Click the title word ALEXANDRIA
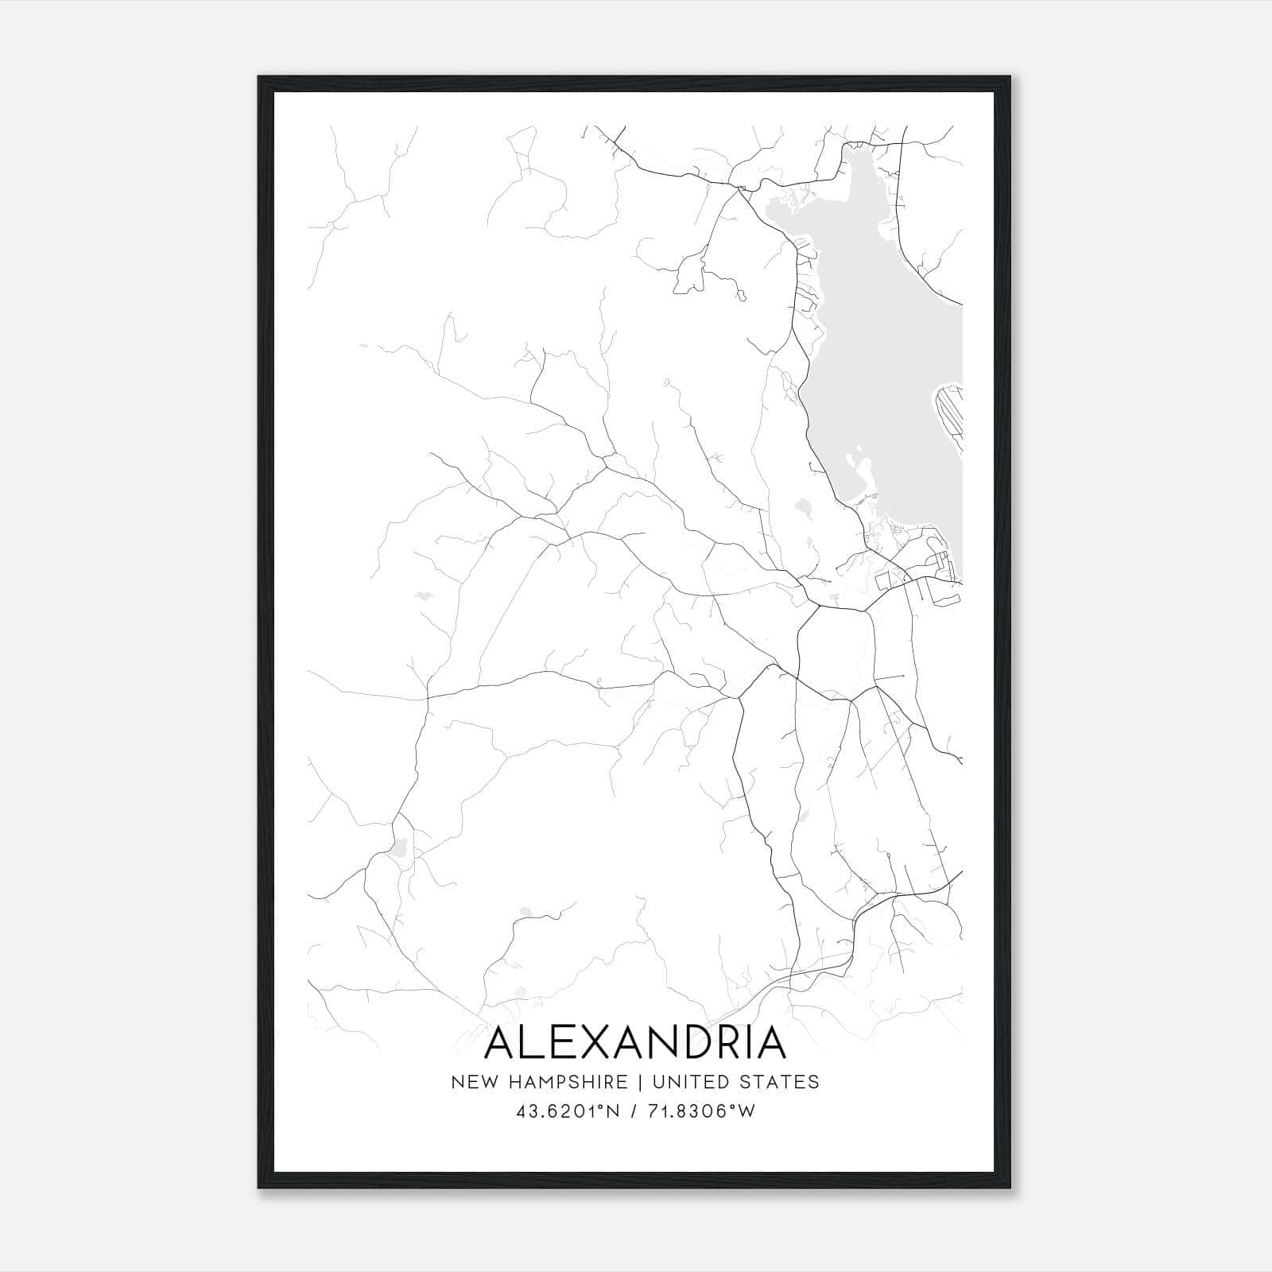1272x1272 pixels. pyautogui.click(x=634, y=1043)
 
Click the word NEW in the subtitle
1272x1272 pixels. pyautogui.click(x=471, y=1082)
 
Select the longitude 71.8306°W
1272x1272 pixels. pyautogui.click(x=698, y=1112)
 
